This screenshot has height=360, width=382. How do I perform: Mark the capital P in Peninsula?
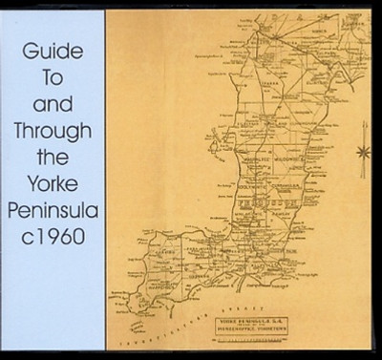(x=11, y=235)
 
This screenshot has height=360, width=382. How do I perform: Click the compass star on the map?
(x=361, y=151)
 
